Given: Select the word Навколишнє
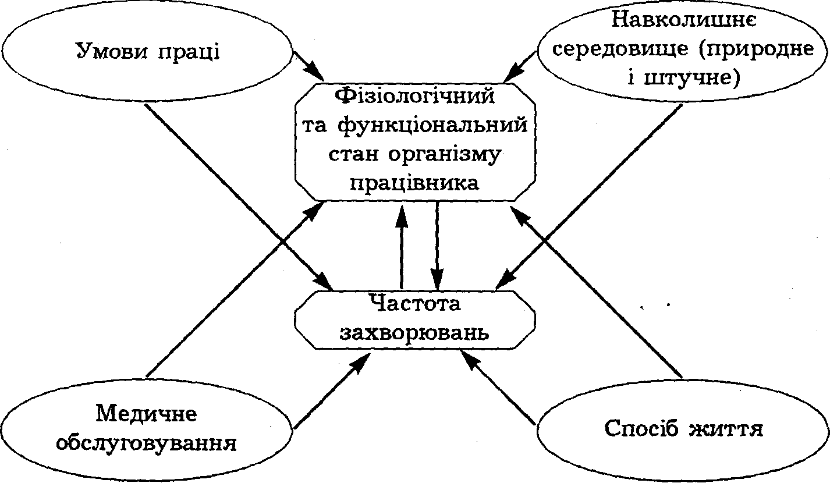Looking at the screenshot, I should pyautogui.click(x=684, y=22).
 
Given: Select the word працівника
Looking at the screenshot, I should pyautogui.click(x=414, y=183).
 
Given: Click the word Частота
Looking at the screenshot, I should pyautogui.click(x=414, y=303).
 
